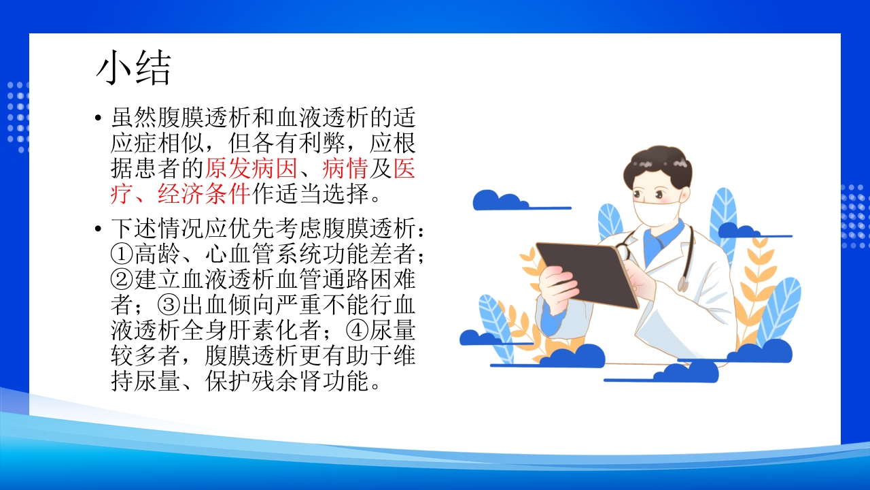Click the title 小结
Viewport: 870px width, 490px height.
tap(133, 69)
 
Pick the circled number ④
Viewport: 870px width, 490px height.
tap(357, 331)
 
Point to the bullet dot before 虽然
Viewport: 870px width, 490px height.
tap(99, 118)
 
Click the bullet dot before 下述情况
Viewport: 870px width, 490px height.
tap(99, 229)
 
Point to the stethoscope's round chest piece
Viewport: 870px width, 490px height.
tap(682, 284)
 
